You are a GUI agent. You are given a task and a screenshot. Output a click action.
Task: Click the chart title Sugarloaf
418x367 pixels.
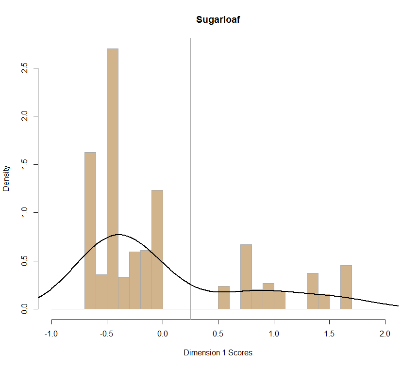[x=218, y=20]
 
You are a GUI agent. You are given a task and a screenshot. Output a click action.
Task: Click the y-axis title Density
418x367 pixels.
[x=6, y=178]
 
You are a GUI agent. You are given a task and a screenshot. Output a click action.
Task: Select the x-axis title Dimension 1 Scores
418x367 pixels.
[x=218, y=352]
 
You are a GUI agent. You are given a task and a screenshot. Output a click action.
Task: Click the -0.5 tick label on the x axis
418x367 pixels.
[x=107, y=334]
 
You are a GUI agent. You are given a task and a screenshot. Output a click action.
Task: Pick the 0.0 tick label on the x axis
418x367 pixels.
[x=163, y=334]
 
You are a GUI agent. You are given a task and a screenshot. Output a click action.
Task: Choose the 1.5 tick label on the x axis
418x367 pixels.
[x=329, y=334]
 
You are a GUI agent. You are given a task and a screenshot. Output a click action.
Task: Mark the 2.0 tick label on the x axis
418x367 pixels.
[x=385, y=334]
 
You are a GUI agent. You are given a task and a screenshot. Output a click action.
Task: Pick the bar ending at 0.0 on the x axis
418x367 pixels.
[x=157, y=250]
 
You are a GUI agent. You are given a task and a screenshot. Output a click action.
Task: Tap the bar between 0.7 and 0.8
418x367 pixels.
[x=246, y=276]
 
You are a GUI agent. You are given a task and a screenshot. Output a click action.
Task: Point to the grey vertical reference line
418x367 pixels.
[x=190, y=145]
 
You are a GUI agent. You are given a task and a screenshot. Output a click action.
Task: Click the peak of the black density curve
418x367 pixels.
[x=118, y=235]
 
